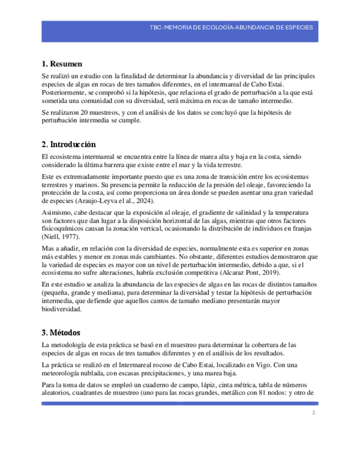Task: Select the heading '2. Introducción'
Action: click(69, 145)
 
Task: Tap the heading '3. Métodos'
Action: click(61, 332)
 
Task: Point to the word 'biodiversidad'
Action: click(63, 309)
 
